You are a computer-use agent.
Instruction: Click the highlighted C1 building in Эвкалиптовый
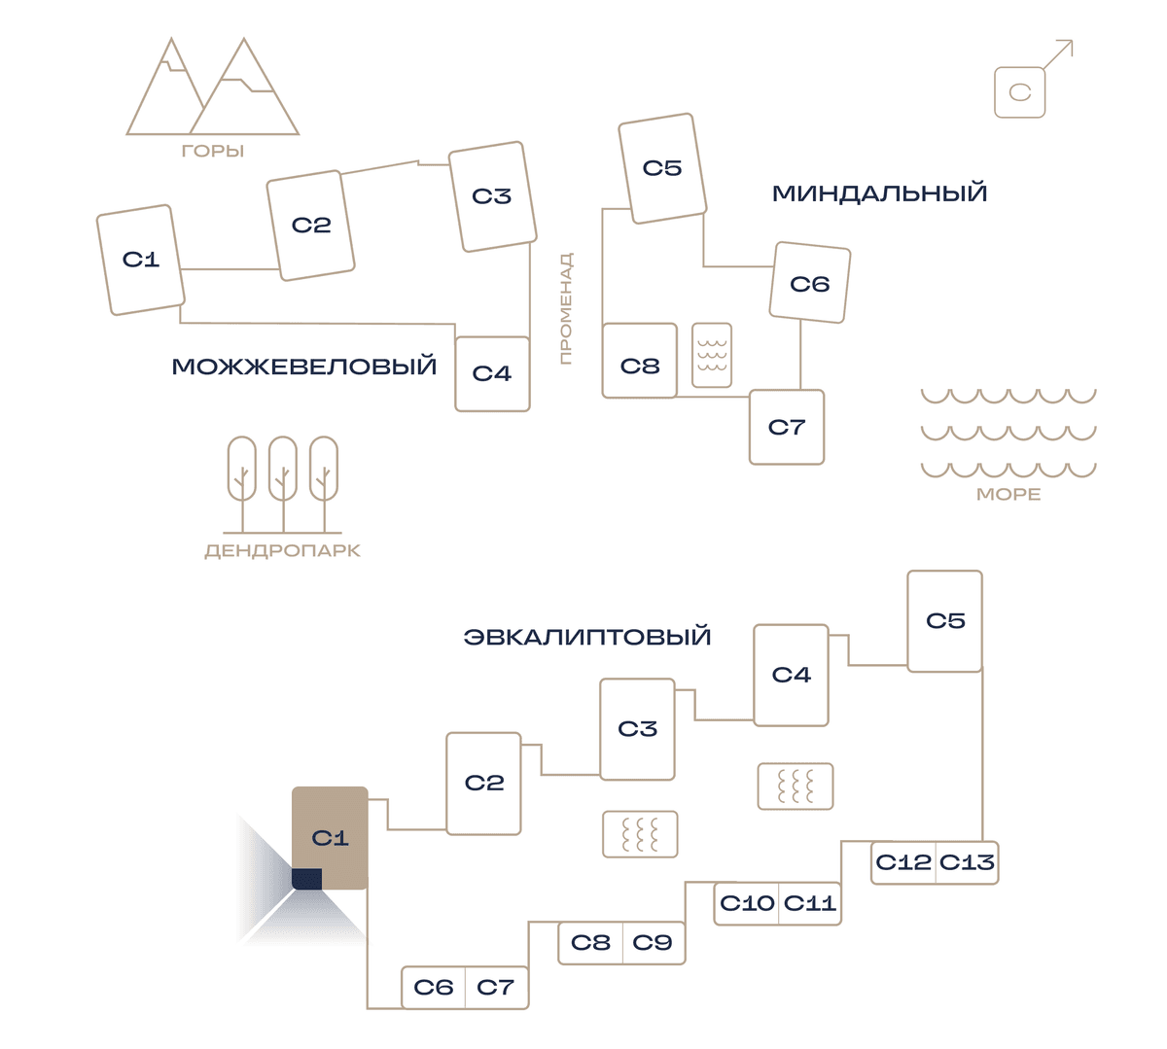330,838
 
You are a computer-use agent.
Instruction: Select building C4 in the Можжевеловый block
492,373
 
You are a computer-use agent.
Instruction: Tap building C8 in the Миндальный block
639,361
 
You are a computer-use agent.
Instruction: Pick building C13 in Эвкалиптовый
967,862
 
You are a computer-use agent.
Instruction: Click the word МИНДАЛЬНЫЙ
879,193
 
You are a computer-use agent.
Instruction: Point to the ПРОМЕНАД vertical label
566,308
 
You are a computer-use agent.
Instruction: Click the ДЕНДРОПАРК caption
283,550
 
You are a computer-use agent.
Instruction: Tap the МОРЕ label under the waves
1008,495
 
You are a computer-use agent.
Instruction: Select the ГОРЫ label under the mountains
213,152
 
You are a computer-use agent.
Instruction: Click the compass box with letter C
1019,92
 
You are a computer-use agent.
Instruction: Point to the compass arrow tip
1072,41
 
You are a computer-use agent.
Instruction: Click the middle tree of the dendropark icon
283,484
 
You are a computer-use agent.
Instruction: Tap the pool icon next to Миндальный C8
712,356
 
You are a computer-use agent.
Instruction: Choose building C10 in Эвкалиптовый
746,903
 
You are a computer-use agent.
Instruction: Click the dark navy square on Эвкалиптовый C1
306,879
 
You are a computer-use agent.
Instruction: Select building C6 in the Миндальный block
810,283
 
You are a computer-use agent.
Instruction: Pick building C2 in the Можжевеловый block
310,226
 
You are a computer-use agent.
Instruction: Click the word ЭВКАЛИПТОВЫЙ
587,637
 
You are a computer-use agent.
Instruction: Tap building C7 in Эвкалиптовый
497,988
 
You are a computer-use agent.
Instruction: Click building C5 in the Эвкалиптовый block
944,621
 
